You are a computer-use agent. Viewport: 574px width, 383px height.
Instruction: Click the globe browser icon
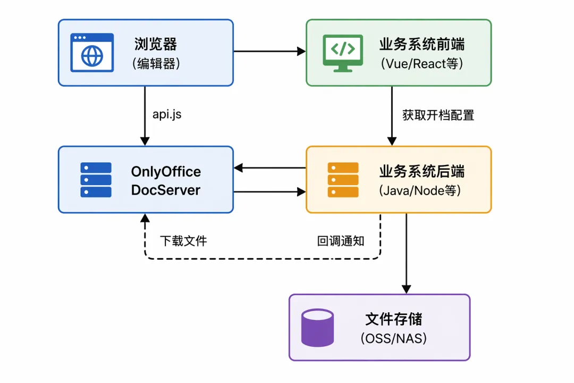[x=92, y=53]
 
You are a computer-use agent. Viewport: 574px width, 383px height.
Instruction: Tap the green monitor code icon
[x=343, y=53]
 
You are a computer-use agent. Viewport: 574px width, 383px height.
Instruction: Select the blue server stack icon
[x=96, y=180]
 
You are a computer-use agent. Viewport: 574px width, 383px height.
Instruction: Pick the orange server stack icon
[x=343, y=180]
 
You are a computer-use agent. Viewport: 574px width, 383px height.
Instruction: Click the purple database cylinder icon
[x=317, y=328]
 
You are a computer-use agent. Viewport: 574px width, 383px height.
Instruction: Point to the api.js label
[x=167, y=114]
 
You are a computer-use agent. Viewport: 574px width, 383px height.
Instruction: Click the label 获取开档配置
[x=438, y=115]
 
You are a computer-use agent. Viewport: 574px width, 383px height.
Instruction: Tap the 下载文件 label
[x=183, y=241]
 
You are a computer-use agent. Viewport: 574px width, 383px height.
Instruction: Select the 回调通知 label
[x=341, y=241]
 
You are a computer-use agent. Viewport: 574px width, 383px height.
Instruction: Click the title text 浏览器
[x=156, y=44]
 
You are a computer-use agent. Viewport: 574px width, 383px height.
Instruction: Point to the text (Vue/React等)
[x=421, y=63]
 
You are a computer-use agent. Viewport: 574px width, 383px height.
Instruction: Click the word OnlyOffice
[x=166, y=171]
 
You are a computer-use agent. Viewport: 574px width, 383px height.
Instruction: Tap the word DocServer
[x=165, y=190]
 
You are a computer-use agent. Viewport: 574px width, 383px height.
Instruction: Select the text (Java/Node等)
[x=420, y=190]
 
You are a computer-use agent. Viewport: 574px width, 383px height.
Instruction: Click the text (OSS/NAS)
[x=394, y=338]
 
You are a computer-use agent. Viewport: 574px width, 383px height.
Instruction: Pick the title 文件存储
[x=394, y=319]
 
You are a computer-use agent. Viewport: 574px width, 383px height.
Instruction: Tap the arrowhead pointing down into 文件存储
[x=407, y=289]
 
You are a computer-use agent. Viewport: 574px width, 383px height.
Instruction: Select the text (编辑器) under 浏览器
[x=156, y=63]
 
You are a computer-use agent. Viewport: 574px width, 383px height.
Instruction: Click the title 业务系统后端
[x=421, y=171]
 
